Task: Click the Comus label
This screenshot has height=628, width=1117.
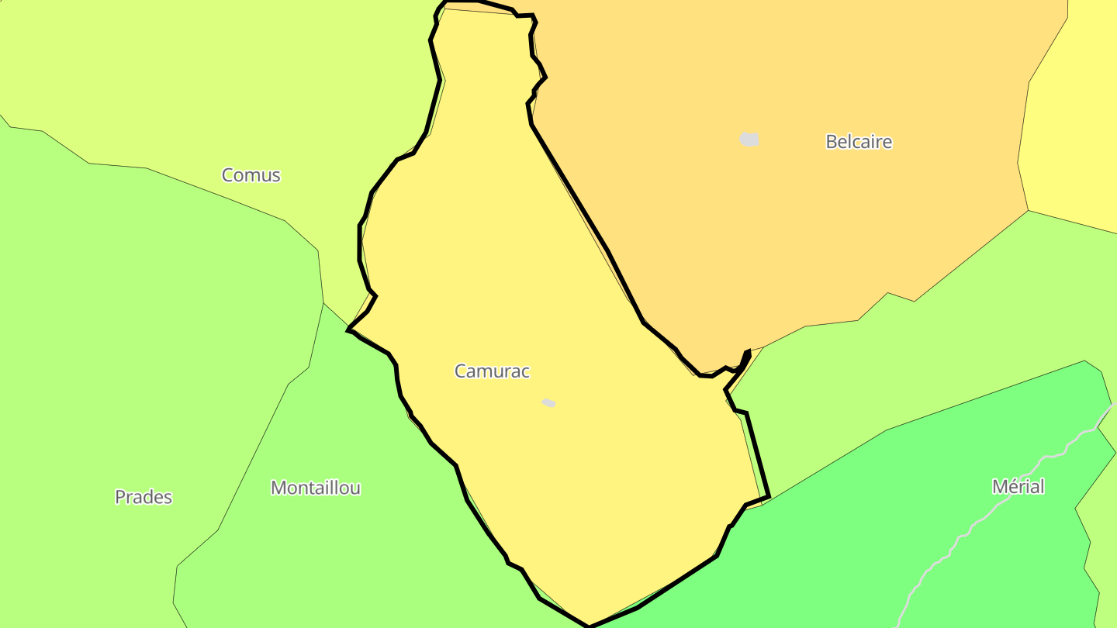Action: point(251,175)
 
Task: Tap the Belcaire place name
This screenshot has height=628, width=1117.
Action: point(859,142)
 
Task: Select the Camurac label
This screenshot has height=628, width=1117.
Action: point(492,371)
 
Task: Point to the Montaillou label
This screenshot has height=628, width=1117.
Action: point(315,488)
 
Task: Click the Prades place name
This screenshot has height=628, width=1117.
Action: point(144,497)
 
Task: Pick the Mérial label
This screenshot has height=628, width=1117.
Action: point(1018,487)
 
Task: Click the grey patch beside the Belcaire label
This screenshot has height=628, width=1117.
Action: point(749,140)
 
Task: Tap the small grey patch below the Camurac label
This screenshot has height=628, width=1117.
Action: point(548,402)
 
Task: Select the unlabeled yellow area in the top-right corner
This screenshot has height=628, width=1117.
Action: point(1078,116)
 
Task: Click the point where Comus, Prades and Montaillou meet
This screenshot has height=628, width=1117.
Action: point(323,302)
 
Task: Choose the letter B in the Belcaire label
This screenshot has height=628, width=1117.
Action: point(832,142)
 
